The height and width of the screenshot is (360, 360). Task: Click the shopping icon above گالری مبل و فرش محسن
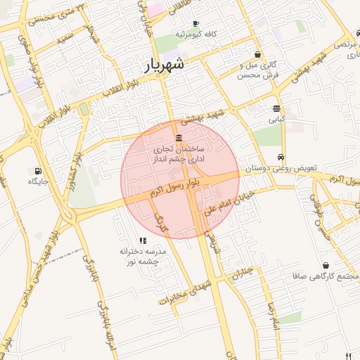(x=259, y=54)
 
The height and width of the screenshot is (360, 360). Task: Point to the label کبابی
(x=273, y=120)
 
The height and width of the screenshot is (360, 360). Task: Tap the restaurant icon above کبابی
(x=276, y=109)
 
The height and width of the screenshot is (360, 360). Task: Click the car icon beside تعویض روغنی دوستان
(x=281, y=157)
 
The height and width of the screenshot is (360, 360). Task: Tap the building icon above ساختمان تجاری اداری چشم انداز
(x=179, y=138)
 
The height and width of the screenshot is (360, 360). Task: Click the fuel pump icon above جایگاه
(x=37, y=171)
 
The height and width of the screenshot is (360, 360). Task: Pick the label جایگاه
(x=37, y=181)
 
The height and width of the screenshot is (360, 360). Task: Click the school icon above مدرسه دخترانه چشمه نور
(x=143, y=240)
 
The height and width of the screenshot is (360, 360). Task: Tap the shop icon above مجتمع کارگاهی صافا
(x=326, y=265)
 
